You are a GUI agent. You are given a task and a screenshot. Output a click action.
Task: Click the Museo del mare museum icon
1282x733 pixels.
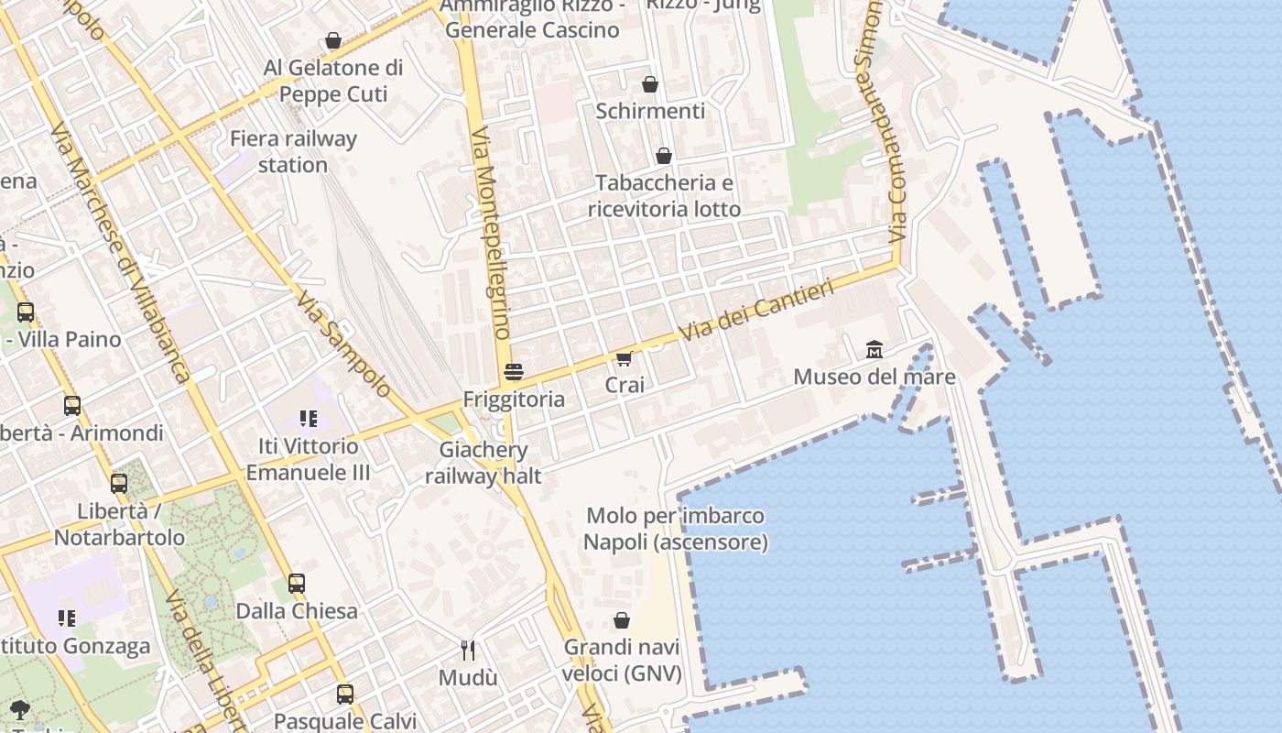click(x=875, y=349)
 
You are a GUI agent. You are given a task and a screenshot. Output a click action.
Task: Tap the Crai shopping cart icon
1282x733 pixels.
click(x=625, y=358)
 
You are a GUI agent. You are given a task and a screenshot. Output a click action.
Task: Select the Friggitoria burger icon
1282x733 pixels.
click(x=514, y=371)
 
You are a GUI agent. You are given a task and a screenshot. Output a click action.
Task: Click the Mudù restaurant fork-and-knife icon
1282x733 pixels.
click(x=468, y=650)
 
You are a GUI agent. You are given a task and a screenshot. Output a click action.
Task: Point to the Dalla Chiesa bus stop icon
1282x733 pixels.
click(x=297, y=583)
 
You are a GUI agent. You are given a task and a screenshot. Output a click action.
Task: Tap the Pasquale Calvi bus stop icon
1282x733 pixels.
click(x=345, y=694)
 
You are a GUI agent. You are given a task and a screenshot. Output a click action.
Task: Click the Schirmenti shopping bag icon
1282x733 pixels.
click(x=650, y=84)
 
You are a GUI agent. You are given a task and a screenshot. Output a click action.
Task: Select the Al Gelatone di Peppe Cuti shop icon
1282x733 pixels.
click(x=333, y=40)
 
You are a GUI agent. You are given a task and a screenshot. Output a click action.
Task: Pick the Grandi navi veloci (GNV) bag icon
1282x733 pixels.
click(x=622, y=620)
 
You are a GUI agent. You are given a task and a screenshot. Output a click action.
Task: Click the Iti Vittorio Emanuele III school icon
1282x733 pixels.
click(x=308, y=419)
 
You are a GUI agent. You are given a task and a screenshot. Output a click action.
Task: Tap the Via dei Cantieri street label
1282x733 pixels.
click(x=756, y=312)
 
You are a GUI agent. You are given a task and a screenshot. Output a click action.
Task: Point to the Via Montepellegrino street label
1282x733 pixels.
click(x=490, y=234)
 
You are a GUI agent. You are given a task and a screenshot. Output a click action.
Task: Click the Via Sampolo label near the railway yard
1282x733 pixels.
click(x=342, y=344)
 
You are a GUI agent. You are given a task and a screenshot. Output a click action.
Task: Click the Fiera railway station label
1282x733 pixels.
click(x=293, y=152)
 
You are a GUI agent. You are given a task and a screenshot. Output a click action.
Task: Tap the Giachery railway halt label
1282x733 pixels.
click(x=483, y=463)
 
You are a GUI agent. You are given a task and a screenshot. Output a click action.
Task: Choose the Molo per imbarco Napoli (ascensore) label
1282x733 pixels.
click(x=676, y=529)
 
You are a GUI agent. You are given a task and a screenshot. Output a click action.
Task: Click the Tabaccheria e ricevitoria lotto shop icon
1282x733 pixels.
click(x=664, y=156)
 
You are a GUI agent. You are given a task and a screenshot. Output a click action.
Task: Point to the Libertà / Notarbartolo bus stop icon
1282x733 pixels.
click(x=119, y=484)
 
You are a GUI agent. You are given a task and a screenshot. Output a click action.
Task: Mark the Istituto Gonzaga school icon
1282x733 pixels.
click(x=66, y=618)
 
